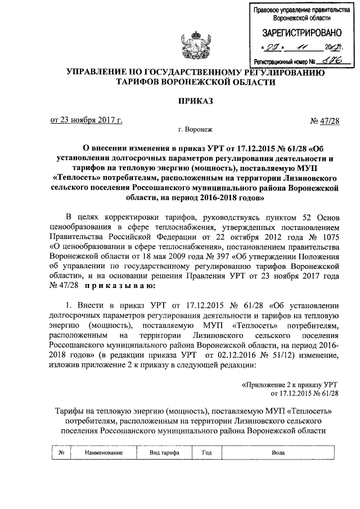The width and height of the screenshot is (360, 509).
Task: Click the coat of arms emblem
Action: [x=189, y=47]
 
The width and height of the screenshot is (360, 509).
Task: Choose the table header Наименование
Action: [x=104, y=452]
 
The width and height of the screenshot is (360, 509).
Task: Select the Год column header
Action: [x=206, y=452]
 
